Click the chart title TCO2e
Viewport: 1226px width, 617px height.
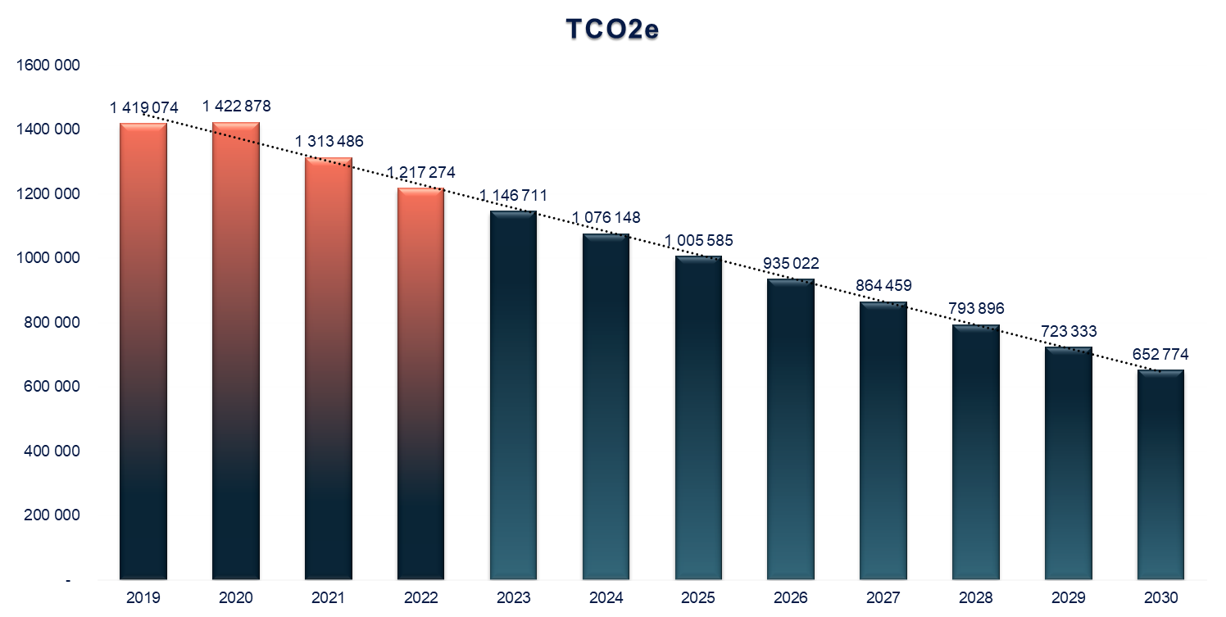coord(613,29)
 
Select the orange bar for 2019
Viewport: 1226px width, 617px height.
coord(143,352)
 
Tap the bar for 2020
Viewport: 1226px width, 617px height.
coord(236,352)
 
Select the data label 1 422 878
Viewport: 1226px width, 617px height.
coord(236,107)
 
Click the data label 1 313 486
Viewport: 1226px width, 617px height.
coord(329,141)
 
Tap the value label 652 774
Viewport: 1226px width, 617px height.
coord(1160,355)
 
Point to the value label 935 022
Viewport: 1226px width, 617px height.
coord(791,264)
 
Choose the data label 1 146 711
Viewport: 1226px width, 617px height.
coord(513,195)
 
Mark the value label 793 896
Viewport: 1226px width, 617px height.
coord(976,309)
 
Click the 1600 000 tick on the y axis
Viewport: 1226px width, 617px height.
coord(48,66)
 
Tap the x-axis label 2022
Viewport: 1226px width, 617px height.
coord(421,597)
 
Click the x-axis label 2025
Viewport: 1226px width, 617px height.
coord(698,597)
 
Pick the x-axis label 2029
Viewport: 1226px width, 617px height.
coord(1068,597)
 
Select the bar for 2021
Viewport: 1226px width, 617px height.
coord(329,369)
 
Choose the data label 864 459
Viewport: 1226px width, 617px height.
coord(883,286)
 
